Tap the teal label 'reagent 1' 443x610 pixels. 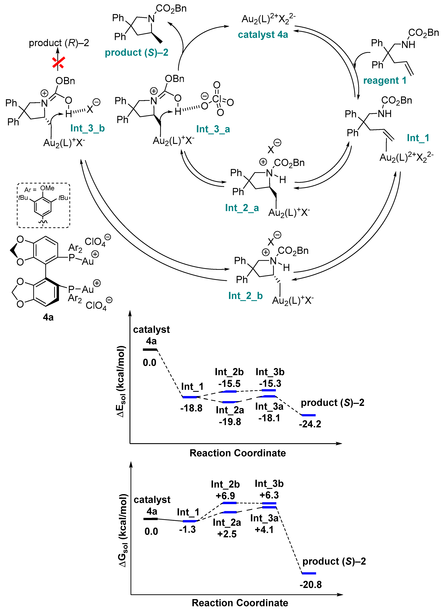pyautogui.click(x=385, y=80)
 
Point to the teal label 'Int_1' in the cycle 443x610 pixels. pyautogui.click(x=418, y=138)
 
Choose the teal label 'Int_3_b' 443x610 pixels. pyautogui.click(x=87, y=128)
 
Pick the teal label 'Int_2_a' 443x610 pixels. pyautogui.click(x=242, y=208)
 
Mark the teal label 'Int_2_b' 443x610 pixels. pyautogui.click(x=245, y=296)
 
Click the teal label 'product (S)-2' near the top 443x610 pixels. pyautogui.click(x=136, y=53)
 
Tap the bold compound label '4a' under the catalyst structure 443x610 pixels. pyautogui.click(x=48, y=317)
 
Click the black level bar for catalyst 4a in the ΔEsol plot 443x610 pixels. pyautogui.click(x=150, y=350)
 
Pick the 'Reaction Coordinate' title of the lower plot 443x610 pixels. pyautogui.click(x=240, y=603)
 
